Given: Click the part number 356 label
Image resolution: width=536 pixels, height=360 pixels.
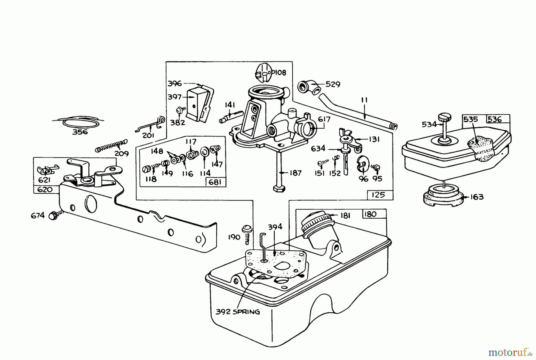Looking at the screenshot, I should (x=80, y=132).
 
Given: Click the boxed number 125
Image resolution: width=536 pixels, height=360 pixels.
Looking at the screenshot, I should (x=378, y=195).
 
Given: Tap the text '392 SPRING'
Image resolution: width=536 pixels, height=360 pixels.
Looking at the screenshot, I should (x=238, y=312).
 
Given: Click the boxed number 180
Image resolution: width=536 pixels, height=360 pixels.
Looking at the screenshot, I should (x=370, y=214).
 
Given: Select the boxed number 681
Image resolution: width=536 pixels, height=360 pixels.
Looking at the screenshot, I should (x=215, y=182).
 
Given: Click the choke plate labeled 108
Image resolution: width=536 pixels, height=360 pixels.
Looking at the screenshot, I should (x=264, y=72).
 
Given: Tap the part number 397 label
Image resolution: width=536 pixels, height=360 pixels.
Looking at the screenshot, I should (x=174, y=97).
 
